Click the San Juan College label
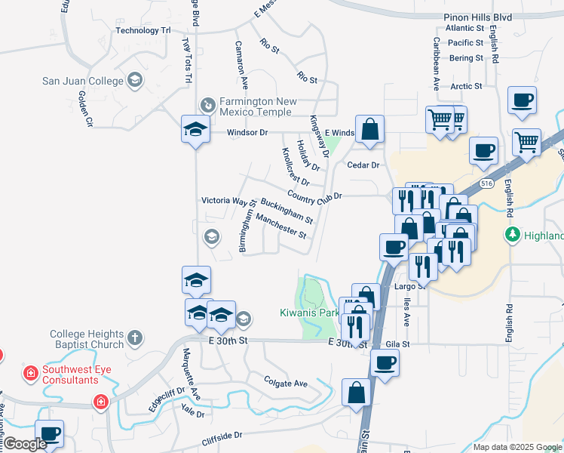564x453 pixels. tap(82, 81)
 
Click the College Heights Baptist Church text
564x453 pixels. tap(86, 339)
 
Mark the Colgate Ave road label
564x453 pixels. tap(286, 383)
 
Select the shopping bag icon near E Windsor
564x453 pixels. tap(369, 129)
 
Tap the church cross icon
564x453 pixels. tap(134, 337)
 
